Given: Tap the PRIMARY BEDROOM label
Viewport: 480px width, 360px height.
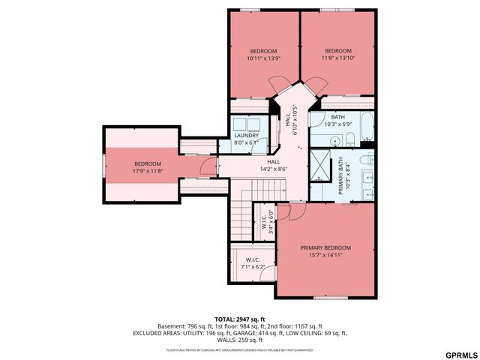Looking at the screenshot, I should (325, 247).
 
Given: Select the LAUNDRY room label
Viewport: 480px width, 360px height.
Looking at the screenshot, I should (246, 135).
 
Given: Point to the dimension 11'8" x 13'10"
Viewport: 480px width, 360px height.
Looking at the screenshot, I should (337, 58).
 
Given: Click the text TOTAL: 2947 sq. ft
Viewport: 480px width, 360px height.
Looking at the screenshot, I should (240, 319).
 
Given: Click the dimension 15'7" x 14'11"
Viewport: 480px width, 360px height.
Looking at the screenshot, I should (325, 255).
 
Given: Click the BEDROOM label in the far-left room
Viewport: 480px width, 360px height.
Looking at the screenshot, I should (148, 163).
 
